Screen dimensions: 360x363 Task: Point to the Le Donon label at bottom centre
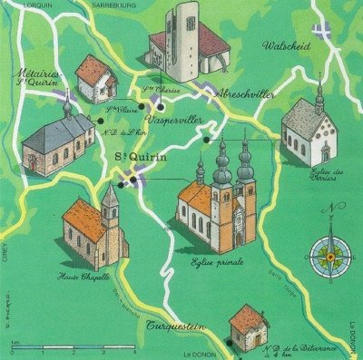click(x=197, y=355)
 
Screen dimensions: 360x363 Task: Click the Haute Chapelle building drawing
click(x=94, y=230)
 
